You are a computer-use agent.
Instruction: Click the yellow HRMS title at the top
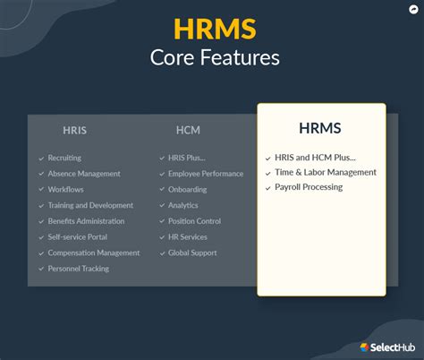(x=214, y=29)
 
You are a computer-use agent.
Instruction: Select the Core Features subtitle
(x=214, y=58)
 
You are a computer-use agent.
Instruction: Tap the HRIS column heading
(x=75, y=131)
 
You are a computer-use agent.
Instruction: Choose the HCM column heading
(x=188, y=131)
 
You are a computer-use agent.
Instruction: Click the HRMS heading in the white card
(x=320, y=128)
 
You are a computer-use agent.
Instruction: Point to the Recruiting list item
(x=64, y=159)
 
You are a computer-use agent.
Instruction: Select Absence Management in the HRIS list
(x=85, y=174)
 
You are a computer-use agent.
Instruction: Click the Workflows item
(x=65, y=190)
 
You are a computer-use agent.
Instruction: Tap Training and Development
(x=90, y=205)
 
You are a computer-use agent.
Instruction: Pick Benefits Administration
(x=86, y=221)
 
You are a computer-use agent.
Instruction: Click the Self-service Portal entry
(x=78, y=237)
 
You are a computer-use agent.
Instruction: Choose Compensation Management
(x=94, y=253)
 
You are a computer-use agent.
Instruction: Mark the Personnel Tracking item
(x=78, y=269)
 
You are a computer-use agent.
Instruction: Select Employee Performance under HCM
(x=206, y=174)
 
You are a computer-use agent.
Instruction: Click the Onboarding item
(x=187, y=190)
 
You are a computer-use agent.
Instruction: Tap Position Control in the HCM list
(x=194, y=221)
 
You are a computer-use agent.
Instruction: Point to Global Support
(x=192, y=253)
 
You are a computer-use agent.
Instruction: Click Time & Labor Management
(x=326, y=172)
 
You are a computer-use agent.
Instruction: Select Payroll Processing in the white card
(x=310, y=187)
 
